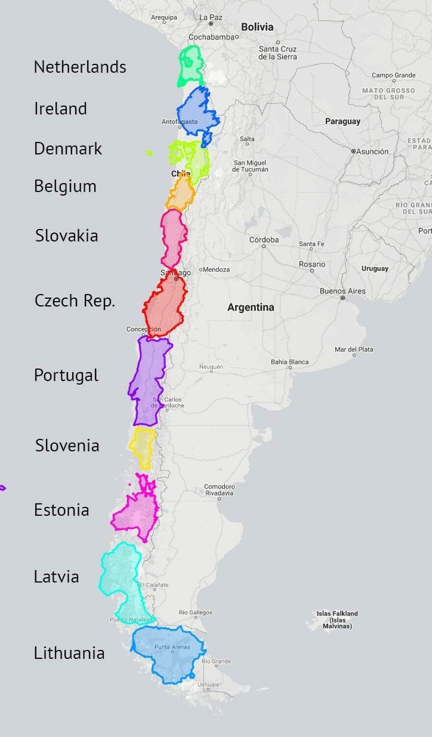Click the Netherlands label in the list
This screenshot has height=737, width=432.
point(80,67)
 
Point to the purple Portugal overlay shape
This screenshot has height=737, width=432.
point(149,378)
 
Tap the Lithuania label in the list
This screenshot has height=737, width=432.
point(69,653)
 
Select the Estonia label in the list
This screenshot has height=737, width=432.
point(61,510)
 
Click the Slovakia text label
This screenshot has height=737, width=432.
point(66,236)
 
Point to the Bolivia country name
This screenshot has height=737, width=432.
point(257,27)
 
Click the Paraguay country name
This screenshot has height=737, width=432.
point(343,121)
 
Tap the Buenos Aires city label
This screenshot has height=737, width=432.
point(343,291)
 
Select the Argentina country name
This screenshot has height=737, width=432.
point(250,307)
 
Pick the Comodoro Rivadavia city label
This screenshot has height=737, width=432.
point(219,490)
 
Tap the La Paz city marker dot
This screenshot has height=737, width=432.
point(211,23)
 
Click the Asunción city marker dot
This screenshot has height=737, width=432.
point(353,151)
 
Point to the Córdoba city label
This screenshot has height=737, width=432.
point(264,240)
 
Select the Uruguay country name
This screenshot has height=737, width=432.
point(375,268)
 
